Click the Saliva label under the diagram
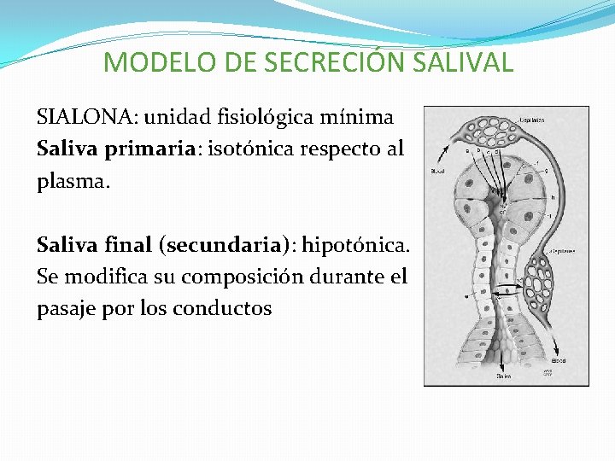pyautogui.click(x=504, y=376)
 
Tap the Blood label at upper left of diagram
pyautogui.click(x=436, y=171)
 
